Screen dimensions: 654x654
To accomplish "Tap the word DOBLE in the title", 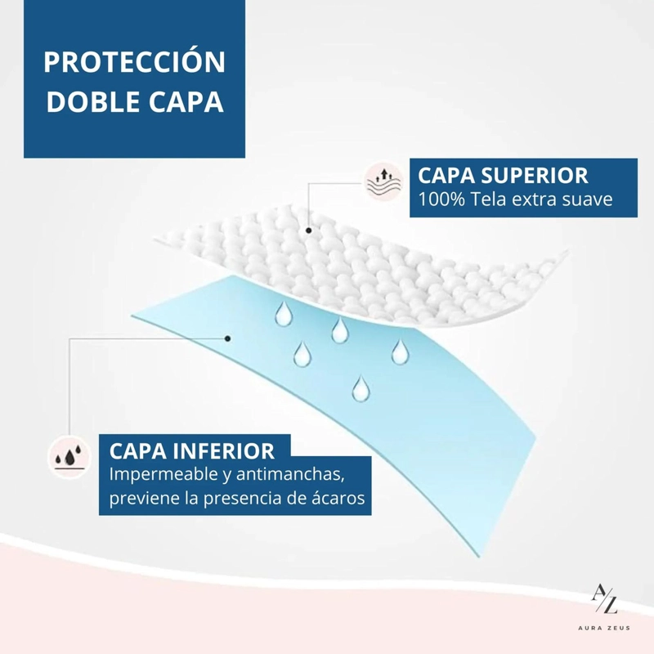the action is pos(92,101).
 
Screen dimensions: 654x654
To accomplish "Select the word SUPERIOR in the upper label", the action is pos(535,176).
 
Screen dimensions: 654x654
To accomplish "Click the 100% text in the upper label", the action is pos(441,199).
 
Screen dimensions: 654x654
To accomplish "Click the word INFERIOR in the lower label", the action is pos(223,451).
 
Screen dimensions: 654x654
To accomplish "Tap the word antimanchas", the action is pos(290,474).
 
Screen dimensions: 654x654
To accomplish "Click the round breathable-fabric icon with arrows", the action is pos(383,181).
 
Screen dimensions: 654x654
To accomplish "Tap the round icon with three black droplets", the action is pos(69,457).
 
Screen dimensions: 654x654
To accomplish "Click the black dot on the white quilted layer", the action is pos(309,231).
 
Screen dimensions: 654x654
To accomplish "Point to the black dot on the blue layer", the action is pos(228,338).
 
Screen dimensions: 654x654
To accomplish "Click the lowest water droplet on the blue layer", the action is pos(361,388).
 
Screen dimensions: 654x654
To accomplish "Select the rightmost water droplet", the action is pos(401,352).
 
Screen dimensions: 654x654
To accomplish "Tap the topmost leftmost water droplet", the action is pos(284,314).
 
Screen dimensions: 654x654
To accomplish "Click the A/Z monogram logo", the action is pos(604,599).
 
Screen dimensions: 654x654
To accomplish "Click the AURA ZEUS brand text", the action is pos(604,628).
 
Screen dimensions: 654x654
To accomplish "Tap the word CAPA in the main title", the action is pos(186,101).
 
